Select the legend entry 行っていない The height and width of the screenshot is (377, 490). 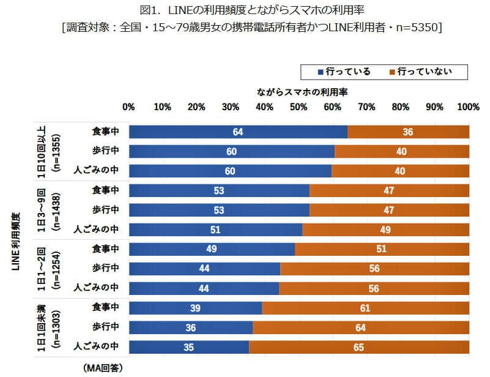coord(425,72)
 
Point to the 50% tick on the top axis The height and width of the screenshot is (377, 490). coord(298,107)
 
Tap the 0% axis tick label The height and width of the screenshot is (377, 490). coord(128,107)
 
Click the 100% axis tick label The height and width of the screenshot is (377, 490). coord(468,107)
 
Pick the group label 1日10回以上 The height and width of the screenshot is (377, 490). coord(42,151)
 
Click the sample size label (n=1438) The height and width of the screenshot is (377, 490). coord(57,210)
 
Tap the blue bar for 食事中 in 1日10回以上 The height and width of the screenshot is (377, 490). coord(237,132)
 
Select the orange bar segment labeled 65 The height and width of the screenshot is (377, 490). coord(358,348)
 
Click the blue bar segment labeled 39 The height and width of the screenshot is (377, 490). coord(195,308)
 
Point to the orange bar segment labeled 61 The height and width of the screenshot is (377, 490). coord(365,308)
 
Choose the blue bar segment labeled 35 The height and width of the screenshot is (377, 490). coord(188,348)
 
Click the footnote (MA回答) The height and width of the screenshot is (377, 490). coord(102,367)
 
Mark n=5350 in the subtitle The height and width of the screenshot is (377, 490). coord(417,28)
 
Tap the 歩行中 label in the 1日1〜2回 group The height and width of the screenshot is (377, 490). coord(105,268)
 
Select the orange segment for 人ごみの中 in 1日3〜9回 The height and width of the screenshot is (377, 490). coord(385,230)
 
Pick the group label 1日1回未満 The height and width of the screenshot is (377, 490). coord(42,327)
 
